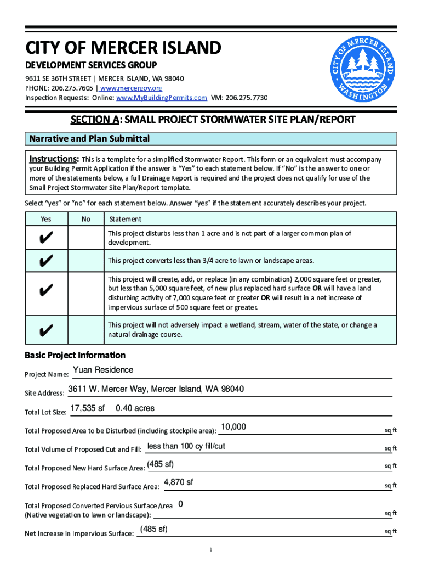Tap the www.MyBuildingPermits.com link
click(x=161, y=98)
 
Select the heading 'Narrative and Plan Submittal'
click(x=89, y=139)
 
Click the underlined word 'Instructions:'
click(x=54, y=159)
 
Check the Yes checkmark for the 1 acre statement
click(x=47, y=238)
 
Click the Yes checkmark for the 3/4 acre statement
click(x=47, y=260)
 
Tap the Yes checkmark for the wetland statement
click(x=47, y=330)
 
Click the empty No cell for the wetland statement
click(x=85, y=330)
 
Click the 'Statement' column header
click(x=125, y=219)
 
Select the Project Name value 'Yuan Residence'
click(x=103, y=370)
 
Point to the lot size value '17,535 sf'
click(x=88, y=408)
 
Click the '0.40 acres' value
click(x=135, y=408)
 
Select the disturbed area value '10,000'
click(x=233, y=427)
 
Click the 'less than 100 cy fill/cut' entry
click(x=186, y=446)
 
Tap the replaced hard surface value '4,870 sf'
click(x=178, y=482)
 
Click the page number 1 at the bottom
click(x=210, y=549)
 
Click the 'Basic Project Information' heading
click(x=75, y=355)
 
